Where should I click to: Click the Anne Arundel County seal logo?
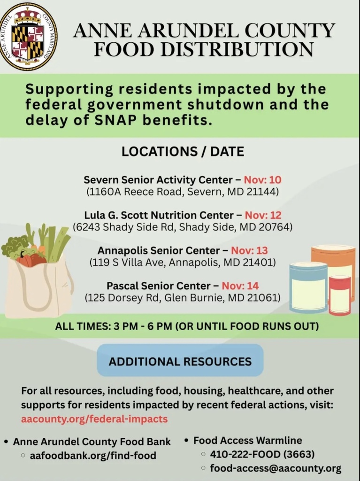click(28, 36)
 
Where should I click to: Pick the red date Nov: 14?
click(240, 286)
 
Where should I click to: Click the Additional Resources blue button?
click(180, 361)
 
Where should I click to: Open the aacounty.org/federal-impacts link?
click(94, 419)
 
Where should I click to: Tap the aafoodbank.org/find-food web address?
click(93, 455)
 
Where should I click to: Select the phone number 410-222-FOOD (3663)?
click(262, 454)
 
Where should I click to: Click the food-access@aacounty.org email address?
click(276, 468)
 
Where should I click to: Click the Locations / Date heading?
click(183, 152)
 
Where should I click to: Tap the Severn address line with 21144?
click(183, 192)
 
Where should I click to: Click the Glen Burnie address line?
click(183, 297)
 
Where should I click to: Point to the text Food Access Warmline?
click(248, 441)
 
